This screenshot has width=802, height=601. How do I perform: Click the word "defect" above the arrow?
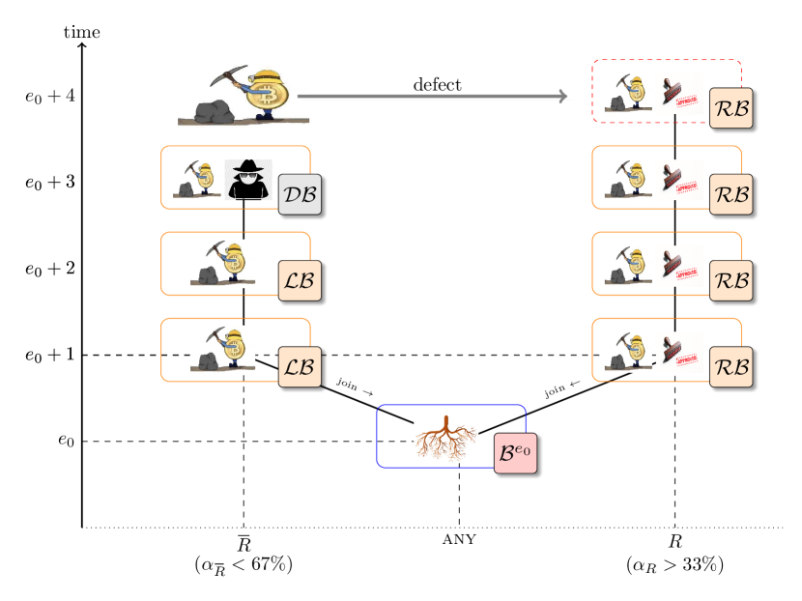pyautogui.click(x=438, y=85)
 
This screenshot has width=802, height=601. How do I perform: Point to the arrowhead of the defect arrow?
pyautogui.click(x=562, y=97)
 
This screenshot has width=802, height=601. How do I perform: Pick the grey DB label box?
pyautogui.click(x=299, y=196)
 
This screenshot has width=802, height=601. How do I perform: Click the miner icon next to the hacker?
pyautogui.click(x=197, y=180)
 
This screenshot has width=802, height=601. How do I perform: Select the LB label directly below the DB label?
pyautogui.click(x=299, y=281)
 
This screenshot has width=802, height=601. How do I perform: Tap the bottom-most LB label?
pyautogui.click(x=299, y=367)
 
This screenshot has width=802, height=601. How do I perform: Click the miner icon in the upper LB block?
pyautogui.click(x=223, y=264)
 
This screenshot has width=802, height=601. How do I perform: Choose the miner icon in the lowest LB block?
pyautogui.click(x=223, y=350)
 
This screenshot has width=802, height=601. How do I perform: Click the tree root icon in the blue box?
pyautogui.click(x=446, y=439)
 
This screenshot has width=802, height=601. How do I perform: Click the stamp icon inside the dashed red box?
pyautogui.click(x=679, y=95)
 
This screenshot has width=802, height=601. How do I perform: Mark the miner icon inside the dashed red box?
pyautogui.click(x=628, y=95)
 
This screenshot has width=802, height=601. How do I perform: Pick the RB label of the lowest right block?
pyautogui.click(x=731, y=367)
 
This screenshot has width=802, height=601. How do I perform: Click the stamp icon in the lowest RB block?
pyautogui.click(x=679, y=353)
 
